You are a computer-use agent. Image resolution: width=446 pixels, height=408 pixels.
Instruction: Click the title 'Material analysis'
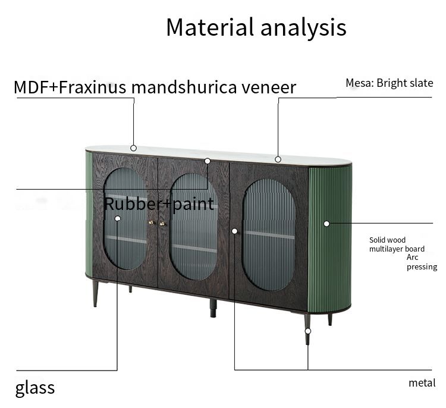(x=256, y=27)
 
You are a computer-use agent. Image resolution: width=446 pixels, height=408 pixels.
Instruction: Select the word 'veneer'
(x=269, y=87)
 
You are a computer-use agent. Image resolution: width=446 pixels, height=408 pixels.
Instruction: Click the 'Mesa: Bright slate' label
(x=389, y=83)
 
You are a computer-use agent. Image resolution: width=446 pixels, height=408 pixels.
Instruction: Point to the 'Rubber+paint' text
(x=159, y=204)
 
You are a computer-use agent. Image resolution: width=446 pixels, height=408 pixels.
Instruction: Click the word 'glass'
(x=35, y=388)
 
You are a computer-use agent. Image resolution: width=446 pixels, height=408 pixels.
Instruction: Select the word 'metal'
(x=422, y=383)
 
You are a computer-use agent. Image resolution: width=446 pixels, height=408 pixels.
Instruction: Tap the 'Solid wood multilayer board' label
(x=397, y=244)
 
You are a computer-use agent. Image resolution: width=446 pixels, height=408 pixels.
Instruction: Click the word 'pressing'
(x=422, y=267)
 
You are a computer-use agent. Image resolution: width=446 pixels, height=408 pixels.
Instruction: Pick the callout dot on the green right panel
(x=326, y=224)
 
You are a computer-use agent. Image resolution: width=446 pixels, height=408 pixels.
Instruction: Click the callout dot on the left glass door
(x=118, y=219)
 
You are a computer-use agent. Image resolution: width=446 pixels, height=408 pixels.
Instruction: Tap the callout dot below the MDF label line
(x=134, y=147)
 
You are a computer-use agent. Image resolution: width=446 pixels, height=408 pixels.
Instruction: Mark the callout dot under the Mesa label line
(x=278, y=159)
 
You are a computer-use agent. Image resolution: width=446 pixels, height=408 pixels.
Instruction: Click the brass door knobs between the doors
(x=156, y=223)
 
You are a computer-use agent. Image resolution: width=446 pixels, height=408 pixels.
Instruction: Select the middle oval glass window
(x=194, y=227)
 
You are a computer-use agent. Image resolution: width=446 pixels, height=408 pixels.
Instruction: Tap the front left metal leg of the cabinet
(x=95, y=294)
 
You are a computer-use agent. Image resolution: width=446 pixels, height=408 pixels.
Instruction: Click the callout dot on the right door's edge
(x=235, y=231)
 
